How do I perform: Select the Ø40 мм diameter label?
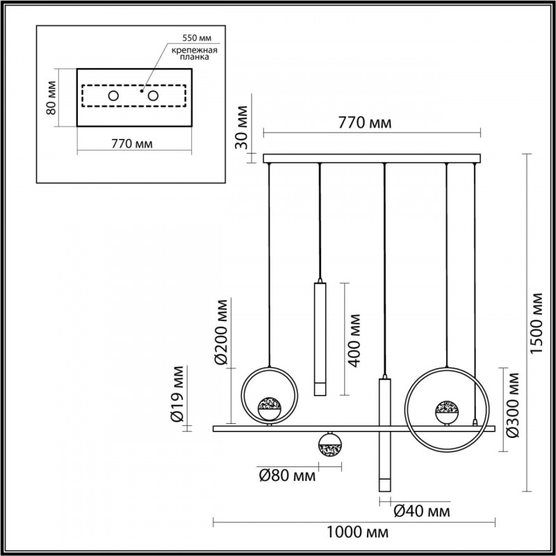point(421,512)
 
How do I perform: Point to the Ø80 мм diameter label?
point(286,477)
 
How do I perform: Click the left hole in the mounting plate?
point(113,95)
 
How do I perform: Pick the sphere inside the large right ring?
point(446,410)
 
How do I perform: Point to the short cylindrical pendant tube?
point(320,338)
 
